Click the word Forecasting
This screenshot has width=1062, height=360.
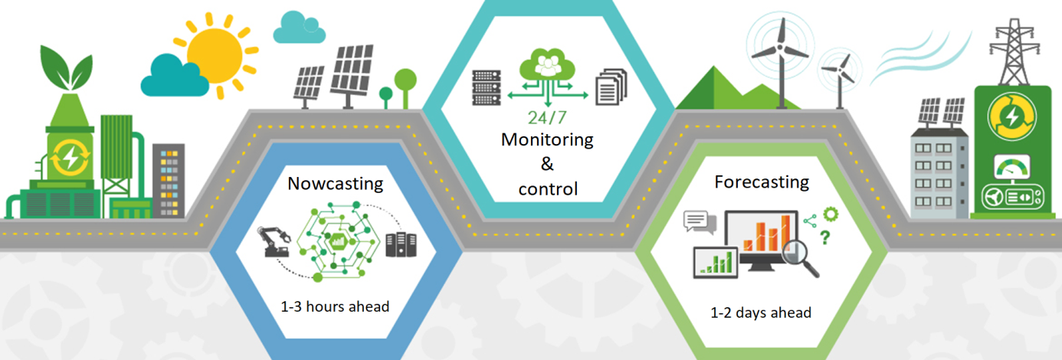(x=762, y=182)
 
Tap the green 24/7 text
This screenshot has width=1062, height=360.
(x=547, y=118)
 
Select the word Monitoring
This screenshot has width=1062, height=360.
(x=547, y=140)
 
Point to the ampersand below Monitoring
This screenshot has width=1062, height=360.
(x=547, y=164)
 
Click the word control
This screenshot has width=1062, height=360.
(x=547, y=188)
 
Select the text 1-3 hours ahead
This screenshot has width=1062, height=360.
(x=335, y=306)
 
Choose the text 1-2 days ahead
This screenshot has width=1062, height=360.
(x=761, y=313)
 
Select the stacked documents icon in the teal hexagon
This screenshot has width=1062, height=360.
(x=611, y=86)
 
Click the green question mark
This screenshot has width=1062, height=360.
(x=824, y=238)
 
